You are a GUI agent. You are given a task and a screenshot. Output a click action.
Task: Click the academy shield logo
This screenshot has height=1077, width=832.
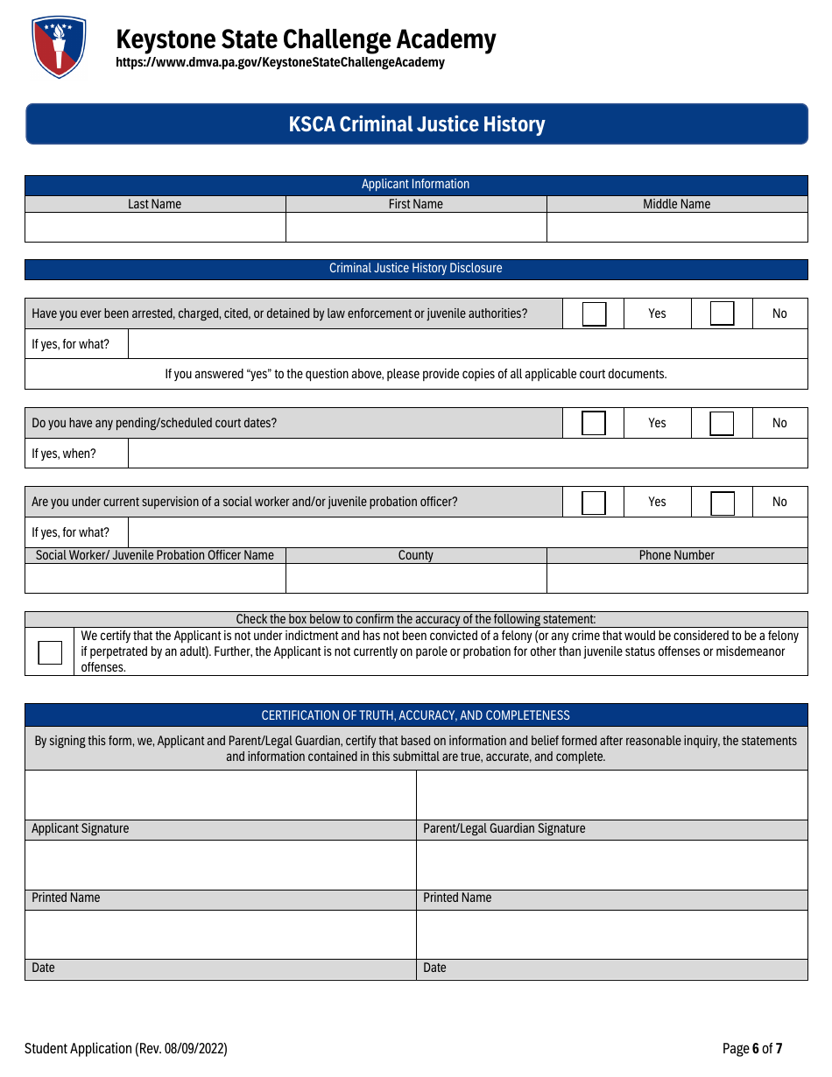click(59, 47)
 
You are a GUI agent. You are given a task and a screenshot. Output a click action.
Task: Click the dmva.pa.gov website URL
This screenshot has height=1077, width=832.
click(280, 63)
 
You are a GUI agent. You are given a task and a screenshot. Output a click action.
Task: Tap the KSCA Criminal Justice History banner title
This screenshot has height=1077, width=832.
click(417, 124)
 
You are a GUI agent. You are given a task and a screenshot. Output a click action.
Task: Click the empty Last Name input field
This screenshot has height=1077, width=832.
click(155, 227)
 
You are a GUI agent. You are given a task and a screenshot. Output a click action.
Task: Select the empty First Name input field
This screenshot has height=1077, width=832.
click(416, 227)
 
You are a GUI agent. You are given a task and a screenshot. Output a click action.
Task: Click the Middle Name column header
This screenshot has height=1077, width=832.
click(677, 204)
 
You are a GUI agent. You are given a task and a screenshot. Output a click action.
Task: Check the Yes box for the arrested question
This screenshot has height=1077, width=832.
click(594, 313)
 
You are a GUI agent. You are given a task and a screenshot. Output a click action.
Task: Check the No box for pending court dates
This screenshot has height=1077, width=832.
click(722, 423)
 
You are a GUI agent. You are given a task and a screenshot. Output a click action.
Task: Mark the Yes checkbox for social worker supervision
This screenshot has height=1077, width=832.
click(594, 503)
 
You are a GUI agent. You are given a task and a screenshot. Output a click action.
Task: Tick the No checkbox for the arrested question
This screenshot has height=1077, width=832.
click(722, 313)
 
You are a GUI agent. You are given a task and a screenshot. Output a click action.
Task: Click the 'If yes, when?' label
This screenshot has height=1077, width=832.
click(64, 454)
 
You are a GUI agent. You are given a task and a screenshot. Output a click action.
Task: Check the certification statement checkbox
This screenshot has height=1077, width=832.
click(50, 652)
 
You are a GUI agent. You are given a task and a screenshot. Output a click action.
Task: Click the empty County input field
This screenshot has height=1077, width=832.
click(416, 578)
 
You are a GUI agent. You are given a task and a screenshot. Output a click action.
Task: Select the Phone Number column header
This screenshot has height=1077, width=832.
click(677, 555)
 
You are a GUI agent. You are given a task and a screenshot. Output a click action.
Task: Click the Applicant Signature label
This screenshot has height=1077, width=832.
click(81, 828)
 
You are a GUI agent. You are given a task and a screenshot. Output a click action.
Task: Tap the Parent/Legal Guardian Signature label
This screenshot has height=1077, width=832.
click(504, 828)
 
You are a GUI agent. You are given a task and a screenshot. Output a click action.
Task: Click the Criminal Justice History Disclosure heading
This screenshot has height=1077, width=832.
click(416, 268)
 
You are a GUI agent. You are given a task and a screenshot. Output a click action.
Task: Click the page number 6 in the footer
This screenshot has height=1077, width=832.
click(755, 1048)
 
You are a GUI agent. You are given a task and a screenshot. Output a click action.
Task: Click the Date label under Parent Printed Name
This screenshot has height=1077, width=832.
click(435, 968)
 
